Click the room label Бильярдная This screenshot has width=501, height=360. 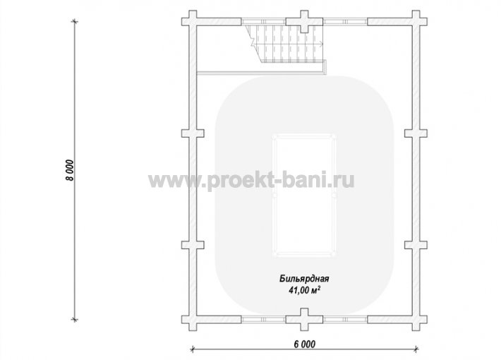coord(304,279)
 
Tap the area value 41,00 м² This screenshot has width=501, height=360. coord(305,290)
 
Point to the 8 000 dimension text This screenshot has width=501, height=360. coord(70,170)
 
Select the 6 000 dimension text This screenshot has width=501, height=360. coord(305,344)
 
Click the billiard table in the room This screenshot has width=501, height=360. coord(304,196)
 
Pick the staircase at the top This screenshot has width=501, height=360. coord(285,44)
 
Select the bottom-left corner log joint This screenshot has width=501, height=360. coord(193,319)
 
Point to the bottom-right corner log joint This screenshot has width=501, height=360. coord(416,319)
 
